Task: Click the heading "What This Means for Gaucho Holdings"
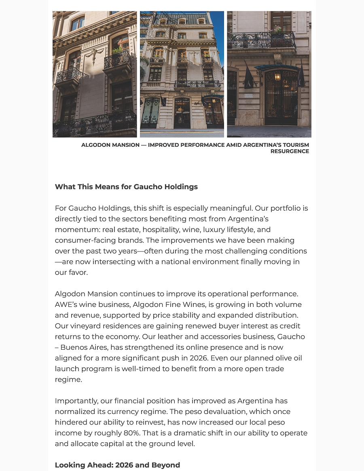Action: [126, 187]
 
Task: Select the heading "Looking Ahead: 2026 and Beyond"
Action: [117, 465]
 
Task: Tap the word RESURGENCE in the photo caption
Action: [290, 152]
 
